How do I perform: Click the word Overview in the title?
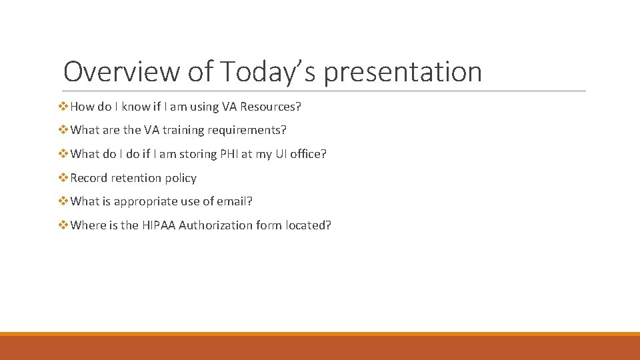(x=121, y=71)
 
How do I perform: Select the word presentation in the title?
(x=403, y=71)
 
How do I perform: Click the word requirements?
(x=246, y=130)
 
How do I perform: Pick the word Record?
(x=89, y=178)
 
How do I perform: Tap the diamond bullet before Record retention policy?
(x=64, y=178)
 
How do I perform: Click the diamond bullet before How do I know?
(x=64, y=107)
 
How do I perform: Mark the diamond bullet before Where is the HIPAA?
(x=64, y=225)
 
